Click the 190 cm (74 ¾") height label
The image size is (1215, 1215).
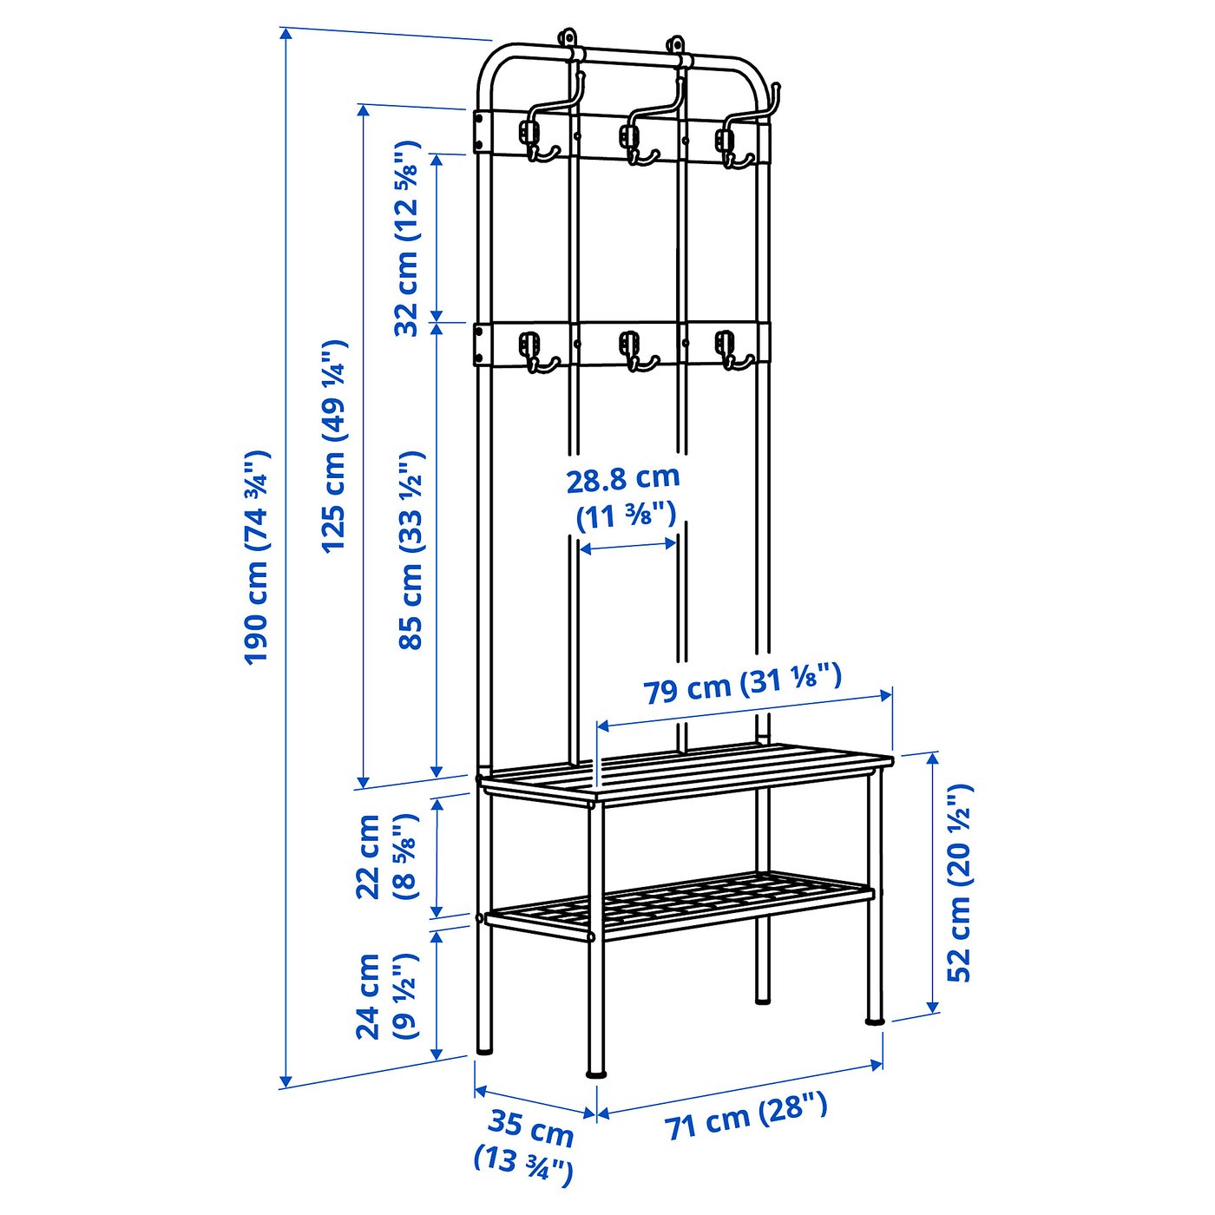[x=257, y=557]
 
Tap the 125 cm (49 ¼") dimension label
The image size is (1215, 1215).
[x=334, y=446]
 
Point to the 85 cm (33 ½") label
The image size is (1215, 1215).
[x=410, y=549]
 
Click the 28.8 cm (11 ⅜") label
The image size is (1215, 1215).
[x=624, y=497]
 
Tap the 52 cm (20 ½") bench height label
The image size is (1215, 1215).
[x=959, y=882]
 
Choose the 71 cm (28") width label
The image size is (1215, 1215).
[x=746, y=1117]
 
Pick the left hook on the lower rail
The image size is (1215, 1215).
[x=532, y=351]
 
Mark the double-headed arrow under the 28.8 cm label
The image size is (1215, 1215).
[x=627, y=546]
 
